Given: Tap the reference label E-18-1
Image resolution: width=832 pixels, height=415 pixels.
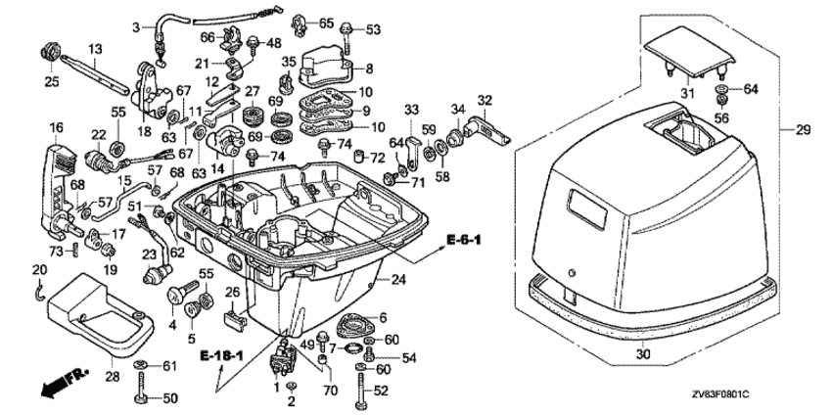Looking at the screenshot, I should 220,352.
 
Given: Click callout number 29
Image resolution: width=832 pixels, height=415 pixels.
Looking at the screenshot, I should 803,130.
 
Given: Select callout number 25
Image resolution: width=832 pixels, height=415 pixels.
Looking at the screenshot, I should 51,82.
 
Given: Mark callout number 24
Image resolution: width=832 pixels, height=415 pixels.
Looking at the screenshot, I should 397,281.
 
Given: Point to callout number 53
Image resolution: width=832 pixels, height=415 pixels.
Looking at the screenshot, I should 372,29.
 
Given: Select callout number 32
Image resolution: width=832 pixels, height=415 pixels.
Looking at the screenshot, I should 484,100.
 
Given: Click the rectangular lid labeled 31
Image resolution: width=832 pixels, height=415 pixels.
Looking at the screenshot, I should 690,50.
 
